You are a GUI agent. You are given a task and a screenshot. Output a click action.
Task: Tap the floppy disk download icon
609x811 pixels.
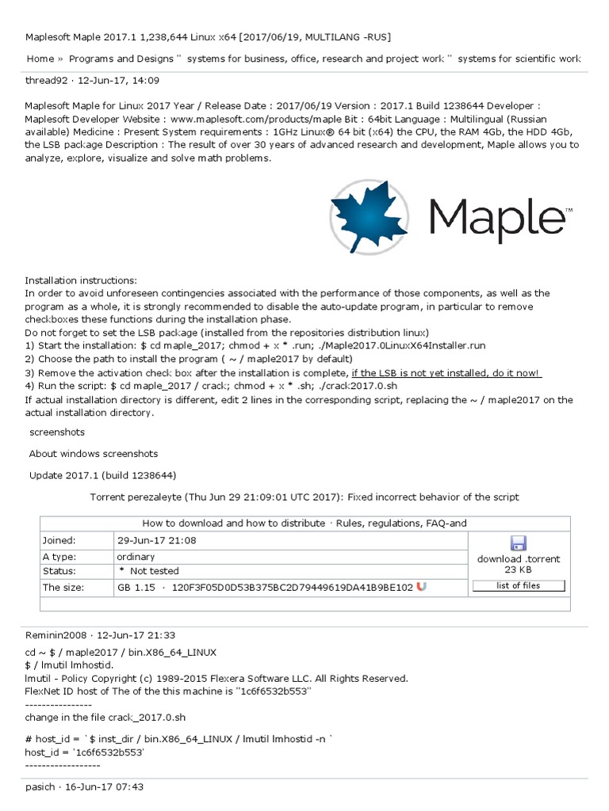519,543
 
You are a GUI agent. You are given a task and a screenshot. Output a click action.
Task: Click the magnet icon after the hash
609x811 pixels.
422,587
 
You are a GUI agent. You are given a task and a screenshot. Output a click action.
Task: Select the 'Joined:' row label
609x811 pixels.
59,540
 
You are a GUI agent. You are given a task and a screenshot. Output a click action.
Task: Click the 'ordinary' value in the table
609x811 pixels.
136,557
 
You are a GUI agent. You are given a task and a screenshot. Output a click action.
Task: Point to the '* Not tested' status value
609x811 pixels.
148,571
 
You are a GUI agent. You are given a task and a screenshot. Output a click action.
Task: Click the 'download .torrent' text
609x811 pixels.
519,559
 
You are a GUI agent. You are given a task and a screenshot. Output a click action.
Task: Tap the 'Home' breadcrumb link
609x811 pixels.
40,59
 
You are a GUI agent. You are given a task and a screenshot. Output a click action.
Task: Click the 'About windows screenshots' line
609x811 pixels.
94,454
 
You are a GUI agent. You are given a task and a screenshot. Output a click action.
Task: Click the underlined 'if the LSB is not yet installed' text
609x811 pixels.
427,373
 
